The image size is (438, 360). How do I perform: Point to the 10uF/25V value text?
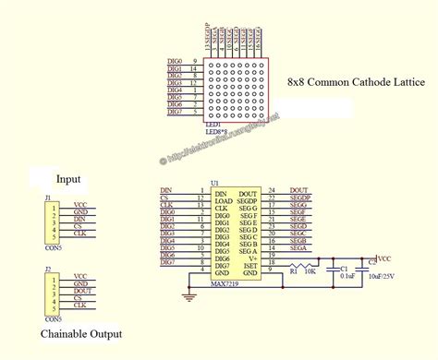pos(384,276)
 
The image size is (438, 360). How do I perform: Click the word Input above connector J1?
pos(69,178)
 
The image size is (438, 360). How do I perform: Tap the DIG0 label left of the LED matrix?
pos(175,61)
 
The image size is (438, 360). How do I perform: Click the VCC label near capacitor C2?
pos(385,259)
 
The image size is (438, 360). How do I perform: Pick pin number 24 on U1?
pos(272,189)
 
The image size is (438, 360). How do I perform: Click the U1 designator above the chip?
pos(215,182)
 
